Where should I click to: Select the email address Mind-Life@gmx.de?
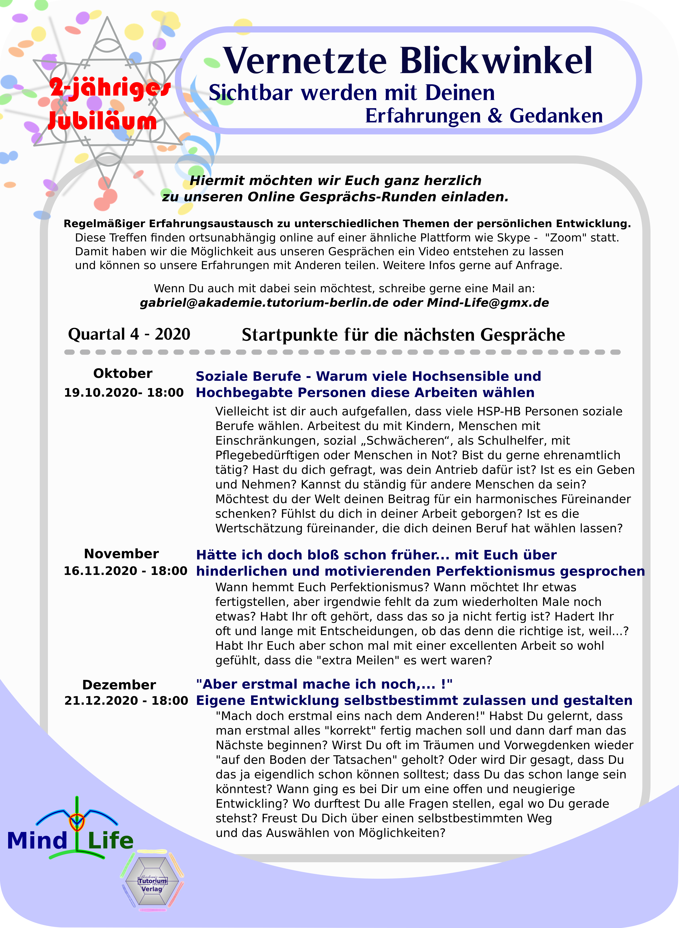[x=488, y=303]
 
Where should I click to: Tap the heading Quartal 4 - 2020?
[x=129, y=334]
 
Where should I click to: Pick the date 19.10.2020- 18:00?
[x=124, y=392]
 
